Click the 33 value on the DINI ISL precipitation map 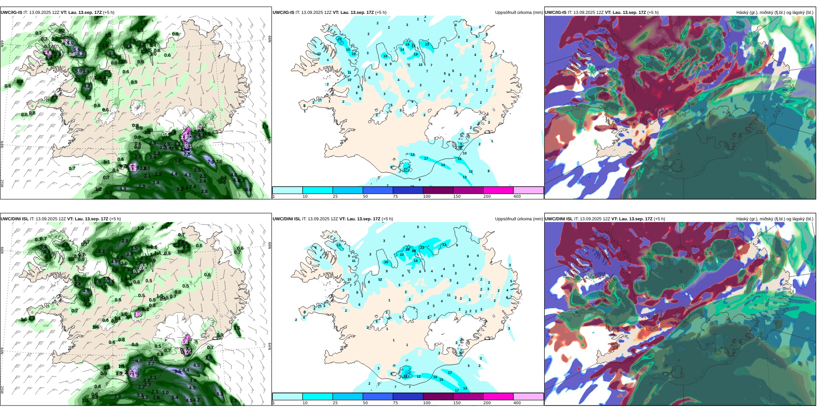[x=405, y=376]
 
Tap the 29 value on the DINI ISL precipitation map [x=407, y=249]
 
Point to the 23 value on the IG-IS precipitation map [x=427, y=44]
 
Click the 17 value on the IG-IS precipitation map [x=426, y=158]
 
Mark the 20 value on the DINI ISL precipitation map [x=386, y=262]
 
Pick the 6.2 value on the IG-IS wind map [x=81, y=54]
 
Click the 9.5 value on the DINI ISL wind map [x=178, y=371]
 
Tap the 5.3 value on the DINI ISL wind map [x=220, y=394]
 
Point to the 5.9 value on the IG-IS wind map [x=197, y=137]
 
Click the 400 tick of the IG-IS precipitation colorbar [x=517, y=196]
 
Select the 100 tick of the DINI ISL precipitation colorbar [x=427, y=403]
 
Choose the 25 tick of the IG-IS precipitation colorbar [x=335, y=196]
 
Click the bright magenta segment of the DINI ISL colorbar [x=498, y=396]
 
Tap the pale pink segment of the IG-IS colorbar [x=528, y=190]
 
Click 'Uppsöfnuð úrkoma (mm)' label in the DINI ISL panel [x=519, y=219]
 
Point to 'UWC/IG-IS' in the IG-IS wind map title [x=11, y=13]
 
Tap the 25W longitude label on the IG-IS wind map [x=2, y=183]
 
